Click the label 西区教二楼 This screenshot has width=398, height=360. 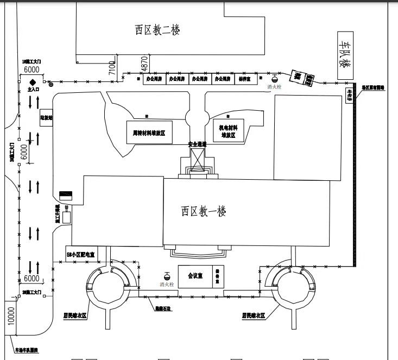(x=157, y=29)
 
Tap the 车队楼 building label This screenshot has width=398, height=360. (x=345, y=53)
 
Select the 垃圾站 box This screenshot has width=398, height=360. (x=46, y=117)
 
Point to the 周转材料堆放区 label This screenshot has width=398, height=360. (x=148, y=132)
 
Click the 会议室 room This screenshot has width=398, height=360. (x=195, y=275)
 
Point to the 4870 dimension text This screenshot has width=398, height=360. (x=144, y=64)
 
